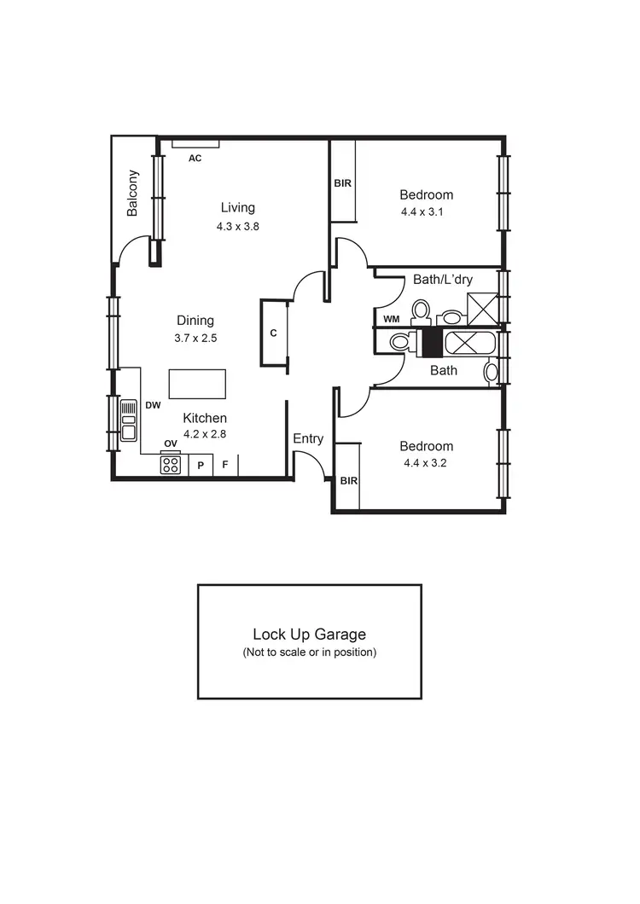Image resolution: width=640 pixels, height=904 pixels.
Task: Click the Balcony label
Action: point(133,194)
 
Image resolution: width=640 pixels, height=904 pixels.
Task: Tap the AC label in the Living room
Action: point(195,158)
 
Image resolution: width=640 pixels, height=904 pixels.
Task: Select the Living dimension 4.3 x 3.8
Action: point(237,227)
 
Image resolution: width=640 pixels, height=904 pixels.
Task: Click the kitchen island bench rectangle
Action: point(197,384)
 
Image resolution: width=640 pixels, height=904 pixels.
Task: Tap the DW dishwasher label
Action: point(153,406)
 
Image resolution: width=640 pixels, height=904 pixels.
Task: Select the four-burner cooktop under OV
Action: point(171,465)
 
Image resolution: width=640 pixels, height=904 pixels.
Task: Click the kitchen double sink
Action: point(128,420)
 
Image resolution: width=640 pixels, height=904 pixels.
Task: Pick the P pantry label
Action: point(201,466)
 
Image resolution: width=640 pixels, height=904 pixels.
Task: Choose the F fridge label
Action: point(225,466)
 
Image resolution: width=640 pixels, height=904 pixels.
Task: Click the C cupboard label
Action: point(273,333)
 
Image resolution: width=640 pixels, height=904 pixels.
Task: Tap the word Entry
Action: point(308,439)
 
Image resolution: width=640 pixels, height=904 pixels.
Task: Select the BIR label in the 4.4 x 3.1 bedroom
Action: point(343,183)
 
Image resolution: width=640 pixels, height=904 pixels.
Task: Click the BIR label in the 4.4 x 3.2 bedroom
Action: point(348,481)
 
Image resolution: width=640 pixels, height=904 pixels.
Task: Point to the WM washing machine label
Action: point(391,319)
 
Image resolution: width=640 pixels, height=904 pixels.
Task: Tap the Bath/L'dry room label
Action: point(443,279)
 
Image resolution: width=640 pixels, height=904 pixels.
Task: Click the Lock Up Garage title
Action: point(309,635)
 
